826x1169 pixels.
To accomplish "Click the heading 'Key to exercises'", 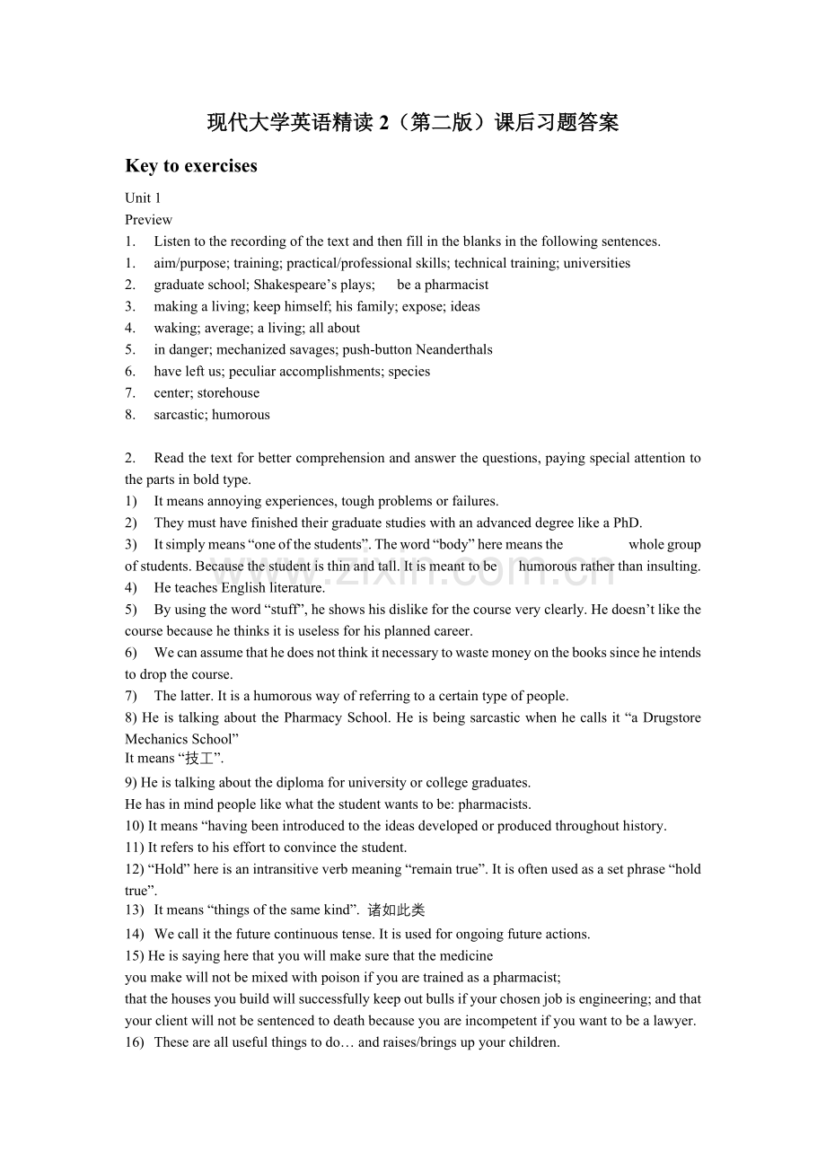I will [x=191, y=166].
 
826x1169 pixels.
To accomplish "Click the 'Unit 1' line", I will [x=143, y=198].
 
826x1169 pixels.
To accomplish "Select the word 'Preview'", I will [x=149, y=220].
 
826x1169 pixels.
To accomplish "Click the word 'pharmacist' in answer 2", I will [x=457, y=285].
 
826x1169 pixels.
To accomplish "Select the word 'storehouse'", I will [x=228, y=392].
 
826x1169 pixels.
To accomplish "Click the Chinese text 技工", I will [x=199, y=759].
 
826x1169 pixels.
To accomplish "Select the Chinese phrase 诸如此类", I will [x=396, y=910].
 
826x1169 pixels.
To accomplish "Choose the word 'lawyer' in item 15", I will [x=673, y=1020].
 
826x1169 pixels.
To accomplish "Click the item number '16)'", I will [x=135, y=1042].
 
